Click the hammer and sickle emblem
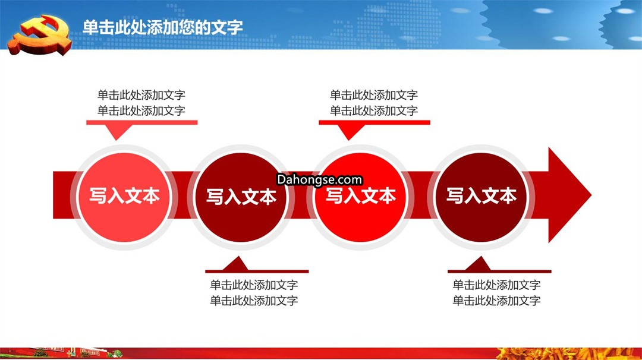point(40,35)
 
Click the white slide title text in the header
point(162,27)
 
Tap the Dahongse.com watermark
point(319,179)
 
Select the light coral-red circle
point(124,197)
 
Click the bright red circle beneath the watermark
point(360,197)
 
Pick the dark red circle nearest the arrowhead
point(481,197)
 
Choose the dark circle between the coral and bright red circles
point(241,197)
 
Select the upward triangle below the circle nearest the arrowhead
point(479,263)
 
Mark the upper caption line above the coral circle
point(141,95)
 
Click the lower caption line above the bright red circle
point(374,110)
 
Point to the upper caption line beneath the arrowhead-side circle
point(496,285)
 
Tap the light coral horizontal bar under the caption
point(141,122)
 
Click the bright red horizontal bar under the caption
point(374,122)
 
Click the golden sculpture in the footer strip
point(568,353)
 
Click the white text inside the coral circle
point(124,196)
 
